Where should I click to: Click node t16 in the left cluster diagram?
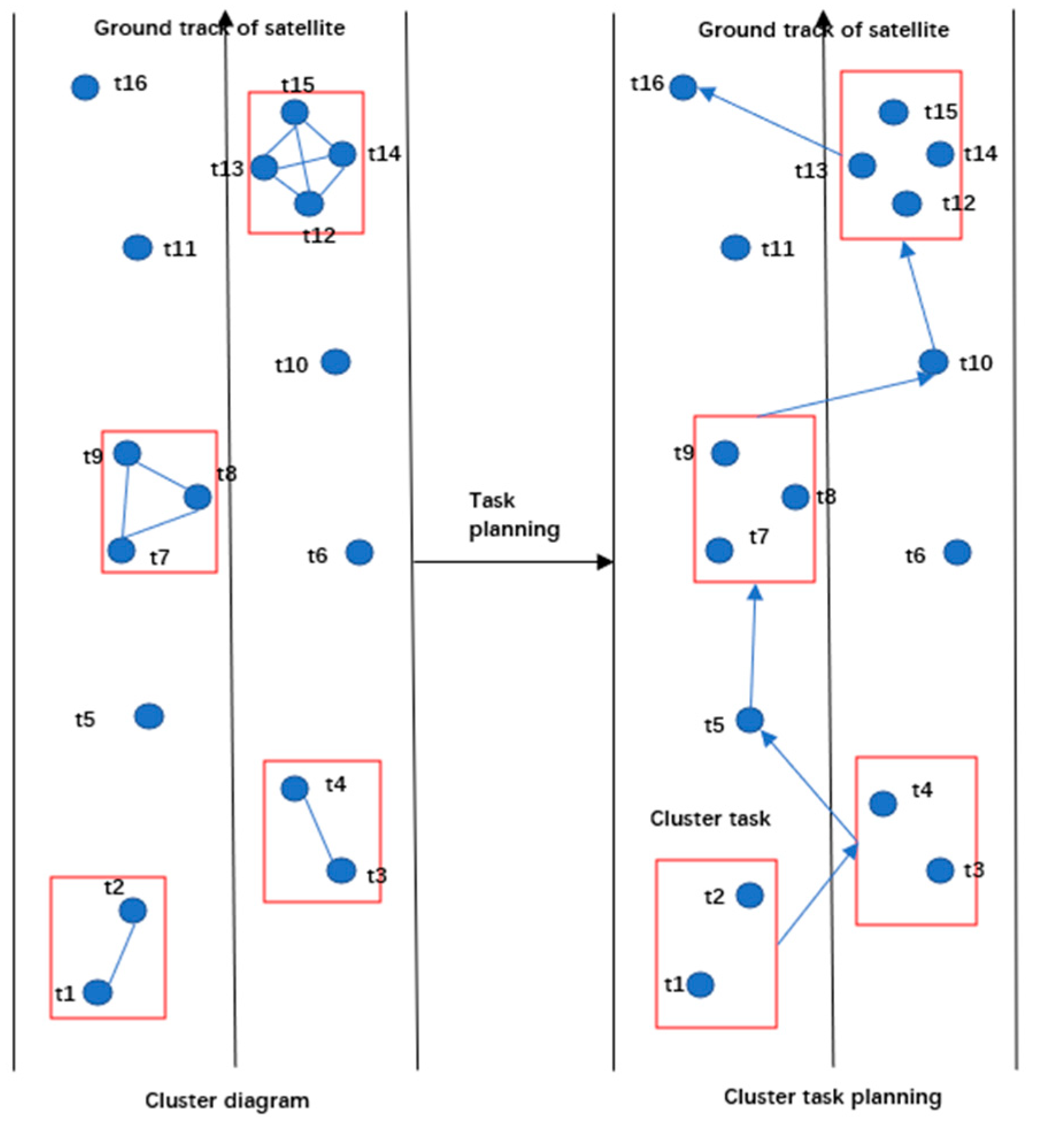point(85,87)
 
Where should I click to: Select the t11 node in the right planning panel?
point(735,248)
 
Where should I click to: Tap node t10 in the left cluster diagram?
point(336,362)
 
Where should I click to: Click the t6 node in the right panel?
point(957,552)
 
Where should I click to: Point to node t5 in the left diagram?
point(149,716)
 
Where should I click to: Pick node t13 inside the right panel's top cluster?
point(862,166)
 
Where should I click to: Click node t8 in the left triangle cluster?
point(198,497)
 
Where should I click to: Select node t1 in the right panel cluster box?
point(700,985)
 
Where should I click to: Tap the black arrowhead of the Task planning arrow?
point(604,562)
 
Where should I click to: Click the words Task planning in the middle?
point(513,514)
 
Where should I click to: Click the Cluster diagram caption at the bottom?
point(227,1100)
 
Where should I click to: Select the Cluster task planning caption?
point(832,1096)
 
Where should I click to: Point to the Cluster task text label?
point(710,818)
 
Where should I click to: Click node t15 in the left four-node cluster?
point(295,112)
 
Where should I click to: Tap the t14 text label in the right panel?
point(980,153)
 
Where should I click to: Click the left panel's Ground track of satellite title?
point(219,28)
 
